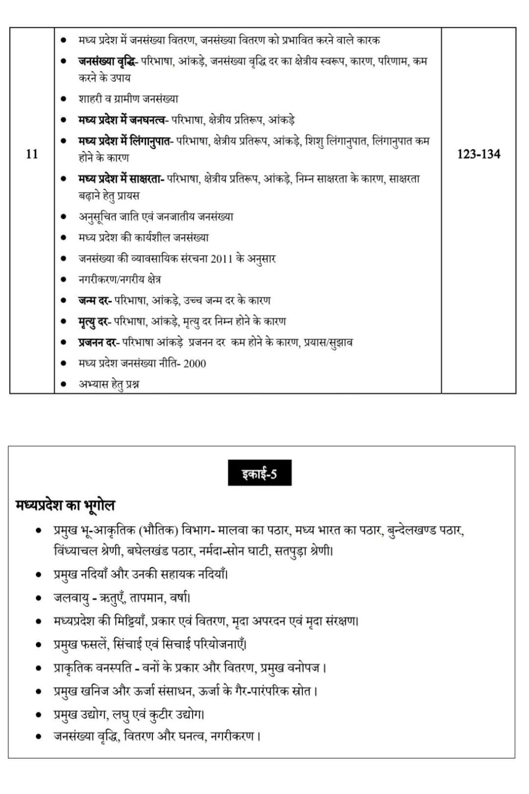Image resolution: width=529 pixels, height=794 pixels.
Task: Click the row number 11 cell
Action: [32, 154]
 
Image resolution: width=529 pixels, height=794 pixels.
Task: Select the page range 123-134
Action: [478, 154]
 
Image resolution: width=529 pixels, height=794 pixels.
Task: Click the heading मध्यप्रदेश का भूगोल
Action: [66, 505]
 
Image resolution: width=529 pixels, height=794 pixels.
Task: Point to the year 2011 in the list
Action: [221, 259]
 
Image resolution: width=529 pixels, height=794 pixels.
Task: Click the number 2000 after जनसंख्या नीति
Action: [195, 363]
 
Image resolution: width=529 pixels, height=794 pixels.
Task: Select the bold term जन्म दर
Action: [94, 300]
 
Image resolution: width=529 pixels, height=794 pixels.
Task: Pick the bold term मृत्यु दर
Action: [94, 322]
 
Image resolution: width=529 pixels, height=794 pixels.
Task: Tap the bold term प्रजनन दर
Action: [98, 342]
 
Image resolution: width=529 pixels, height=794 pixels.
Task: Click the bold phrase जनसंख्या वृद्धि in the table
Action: [108, 61]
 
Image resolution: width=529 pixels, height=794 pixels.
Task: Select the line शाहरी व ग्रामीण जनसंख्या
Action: [128, 99]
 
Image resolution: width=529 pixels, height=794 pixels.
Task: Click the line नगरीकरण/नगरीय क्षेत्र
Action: [120, 279]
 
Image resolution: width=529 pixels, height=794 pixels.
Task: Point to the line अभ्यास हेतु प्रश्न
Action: [109, 384]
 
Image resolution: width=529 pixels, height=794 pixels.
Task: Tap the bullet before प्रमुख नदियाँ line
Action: [38, 575]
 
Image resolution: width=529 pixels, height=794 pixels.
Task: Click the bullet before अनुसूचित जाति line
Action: [63, 217]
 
